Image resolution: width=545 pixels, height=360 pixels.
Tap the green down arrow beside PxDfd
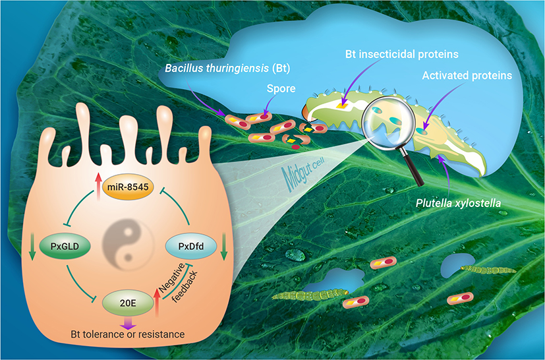[x=224, y=248]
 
